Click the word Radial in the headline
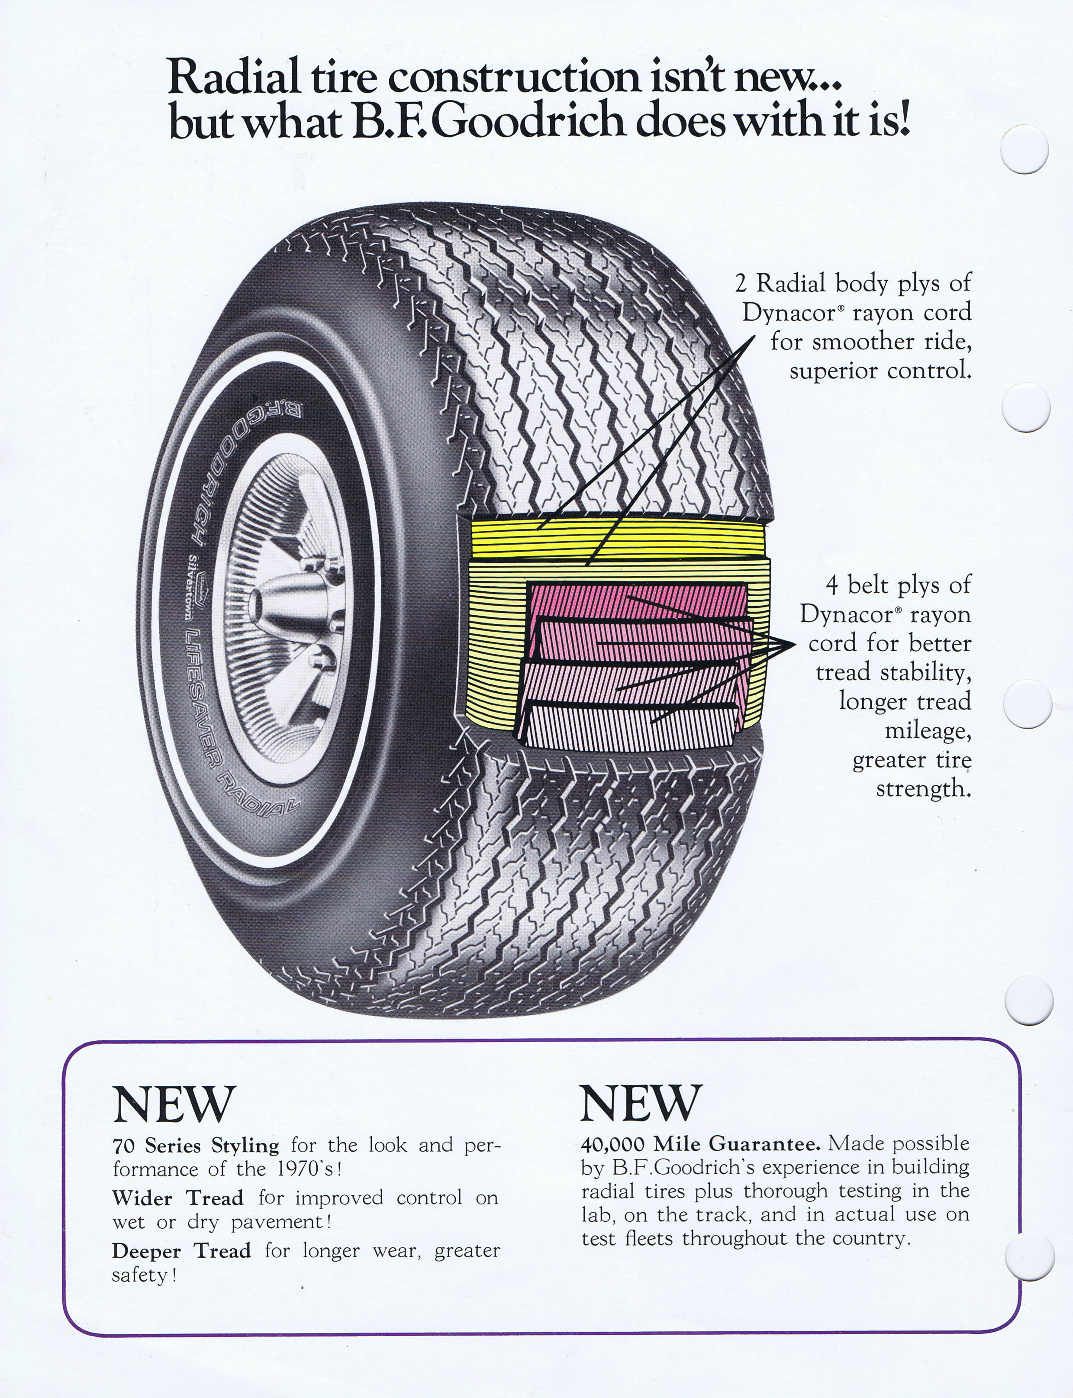(x=233, y=78)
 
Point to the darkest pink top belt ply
(x=639, y=601)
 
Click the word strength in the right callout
(x=922, y=788)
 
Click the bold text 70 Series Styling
(x=196, y=1146)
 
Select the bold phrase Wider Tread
(x=177, y=1198)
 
